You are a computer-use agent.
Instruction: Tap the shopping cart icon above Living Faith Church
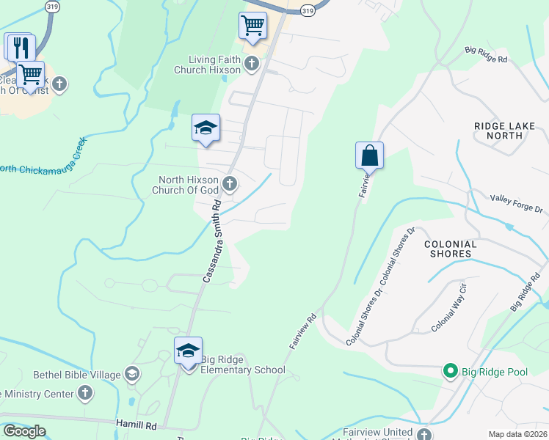point(252,26)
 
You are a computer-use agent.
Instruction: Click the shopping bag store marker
point(369,155)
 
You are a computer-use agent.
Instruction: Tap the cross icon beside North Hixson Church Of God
point(230,183)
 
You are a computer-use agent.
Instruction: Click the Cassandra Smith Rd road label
point(213,241)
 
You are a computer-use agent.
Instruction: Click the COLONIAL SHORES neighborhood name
point(451,249)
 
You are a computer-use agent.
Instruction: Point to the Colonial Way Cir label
point(449,309)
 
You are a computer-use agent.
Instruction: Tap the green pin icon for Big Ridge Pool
point(451,372)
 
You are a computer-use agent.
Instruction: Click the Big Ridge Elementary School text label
point(243,370)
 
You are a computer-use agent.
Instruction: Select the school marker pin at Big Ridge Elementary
point(189,351)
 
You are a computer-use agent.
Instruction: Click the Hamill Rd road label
point(137,425)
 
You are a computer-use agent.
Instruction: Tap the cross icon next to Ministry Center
point(86,393)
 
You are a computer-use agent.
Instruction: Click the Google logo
point(24,431)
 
